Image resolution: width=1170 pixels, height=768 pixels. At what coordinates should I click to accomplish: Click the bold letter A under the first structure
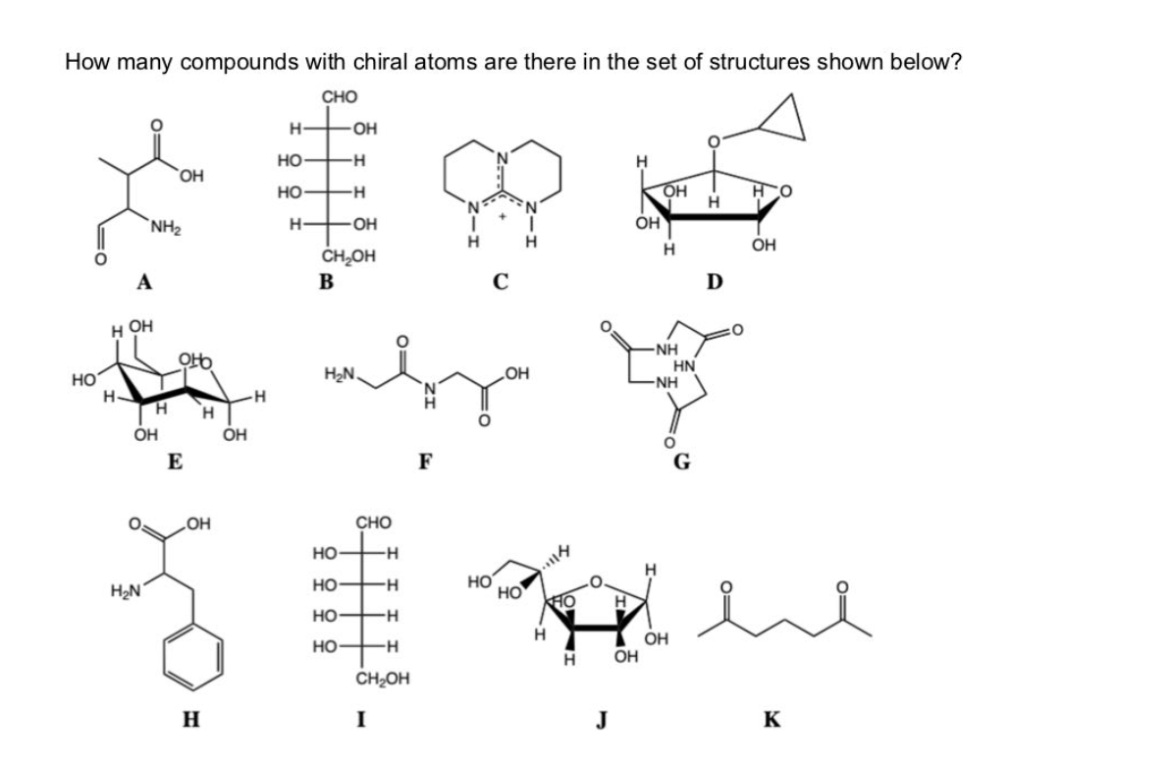(144, 284)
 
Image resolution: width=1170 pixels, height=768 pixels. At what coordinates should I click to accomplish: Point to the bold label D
(714, 284)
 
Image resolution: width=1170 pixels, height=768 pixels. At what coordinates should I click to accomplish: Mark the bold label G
(677, 464)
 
